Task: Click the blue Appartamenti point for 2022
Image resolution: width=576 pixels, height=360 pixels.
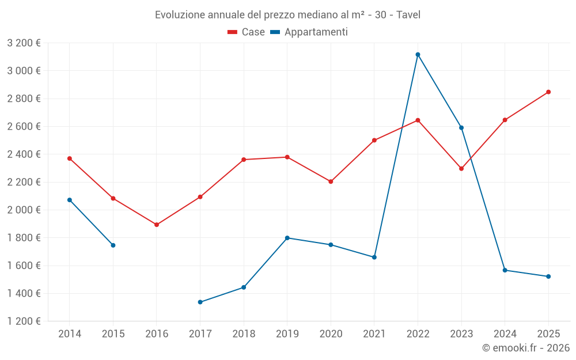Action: (x=418, y=55)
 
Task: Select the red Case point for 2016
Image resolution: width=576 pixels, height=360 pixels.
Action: (x=157, y=225)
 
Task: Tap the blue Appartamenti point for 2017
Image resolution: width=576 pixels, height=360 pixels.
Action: (x=200, y=302)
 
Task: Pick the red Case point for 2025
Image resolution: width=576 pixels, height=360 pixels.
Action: (x=548, y=92)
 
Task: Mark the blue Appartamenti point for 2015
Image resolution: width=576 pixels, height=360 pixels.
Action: (x=113, y=245)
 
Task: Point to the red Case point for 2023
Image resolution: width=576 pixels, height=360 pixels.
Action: (x=461, y=169)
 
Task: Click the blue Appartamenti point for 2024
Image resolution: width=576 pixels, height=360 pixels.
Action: (x=505, y=270)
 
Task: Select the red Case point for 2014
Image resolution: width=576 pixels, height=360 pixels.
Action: (x=70, y=158)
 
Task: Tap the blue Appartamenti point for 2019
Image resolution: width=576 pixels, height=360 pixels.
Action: (x=287, y=238)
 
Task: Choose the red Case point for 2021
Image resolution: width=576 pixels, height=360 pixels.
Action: (x=374, y=141)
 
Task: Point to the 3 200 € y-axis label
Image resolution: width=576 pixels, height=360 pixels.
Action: (x=24, y=43)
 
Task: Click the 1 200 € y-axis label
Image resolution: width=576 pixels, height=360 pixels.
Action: (x=24, y=321)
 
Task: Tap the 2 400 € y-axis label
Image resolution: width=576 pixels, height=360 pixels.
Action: (x=24, y=154)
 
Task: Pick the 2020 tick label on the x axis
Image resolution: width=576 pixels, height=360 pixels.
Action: (x=331, y=334)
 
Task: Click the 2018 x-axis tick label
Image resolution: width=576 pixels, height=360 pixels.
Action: (x=244, y=334)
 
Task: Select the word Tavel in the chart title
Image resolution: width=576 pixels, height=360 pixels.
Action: (x=408, y=14)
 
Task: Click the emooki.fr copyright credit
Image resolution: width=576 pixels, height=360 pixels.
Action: (x=526, y=348)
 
